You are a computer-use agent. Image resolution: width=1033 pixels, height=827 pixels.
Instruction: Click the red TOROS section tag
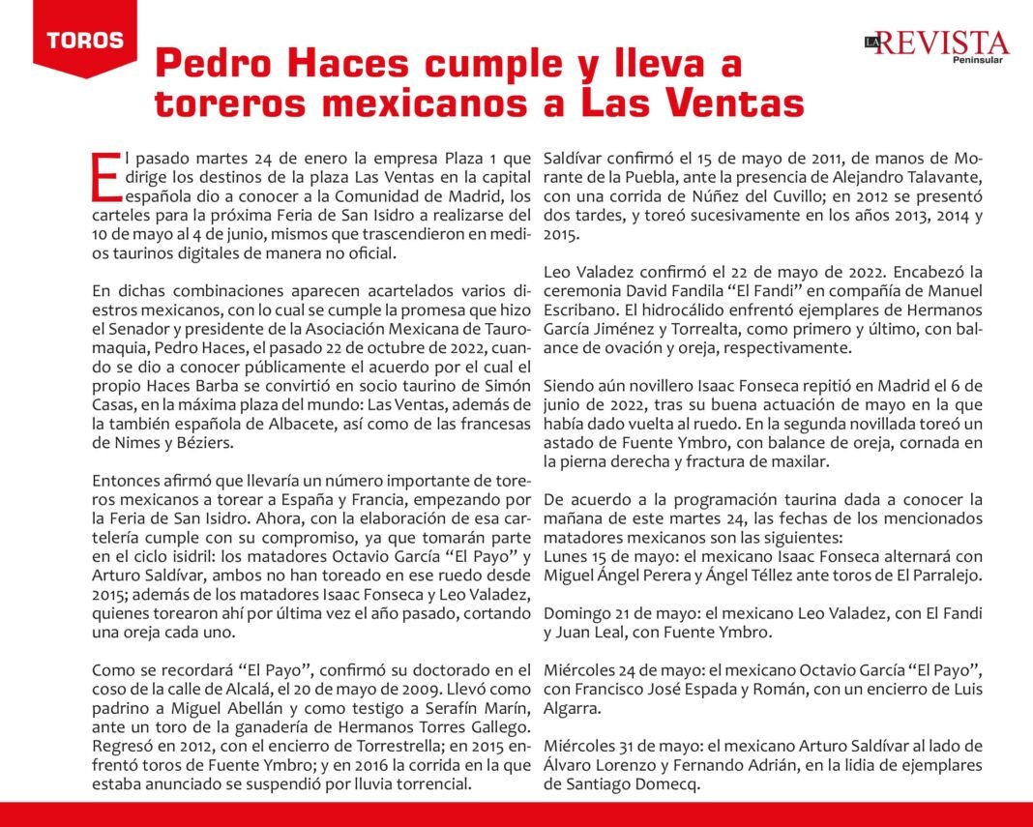(84, 41)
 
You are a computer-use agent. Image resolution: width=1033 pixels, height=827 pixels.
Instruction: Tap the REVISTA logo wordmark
(943, 43)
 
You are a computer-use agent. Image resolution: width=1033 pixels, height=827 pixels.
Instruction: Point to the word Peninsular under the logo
(977, 60)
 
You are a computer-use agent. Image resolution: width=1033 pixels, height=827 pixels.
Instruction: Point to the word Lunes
(567, 556)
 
